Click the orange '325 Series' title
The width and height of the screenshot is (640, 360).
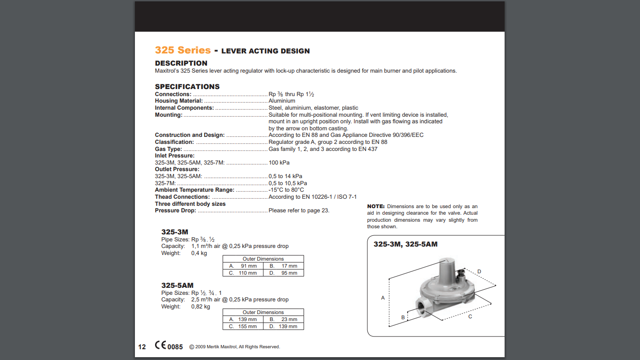tap(183, 50)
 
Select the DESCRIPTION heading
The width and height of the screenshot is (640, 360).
tap(181, 63)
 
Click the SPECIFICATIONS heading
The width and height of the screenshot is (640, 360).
tap(187, 87)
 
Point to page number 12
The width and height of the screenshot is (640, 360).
tap(142, 347)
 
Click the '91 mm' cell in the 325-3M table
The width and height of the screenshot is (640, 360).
tap(249, 266)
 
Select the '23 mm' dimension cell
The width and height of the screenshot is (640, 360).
tap(289, 319)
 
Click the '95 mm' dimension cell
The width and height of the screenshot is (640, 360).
tap(289, 273)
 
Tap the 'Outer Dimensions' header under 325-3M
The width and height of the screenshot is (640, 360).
tap(263, 259)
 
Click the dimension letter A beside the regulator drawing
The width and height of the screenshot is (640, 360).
tap(383, 298)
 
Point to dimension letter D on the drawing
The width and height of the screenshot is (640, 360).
tap(479, 272)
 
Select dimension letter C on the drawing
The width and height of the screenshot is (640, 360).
tap(470, 316)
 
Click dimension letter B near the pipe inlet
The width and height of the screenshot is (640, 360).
tap(403, 317)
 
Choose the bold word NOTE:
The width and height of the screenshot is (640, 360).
tap(376, 206)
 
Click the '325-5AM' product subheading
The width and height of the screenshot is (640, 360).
tap(177, 285)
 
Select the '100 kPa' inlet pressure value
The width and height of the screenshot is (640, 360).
tap(279, 163)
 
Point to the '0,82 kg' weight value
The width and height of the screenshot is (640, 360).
tap(201, 307)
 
